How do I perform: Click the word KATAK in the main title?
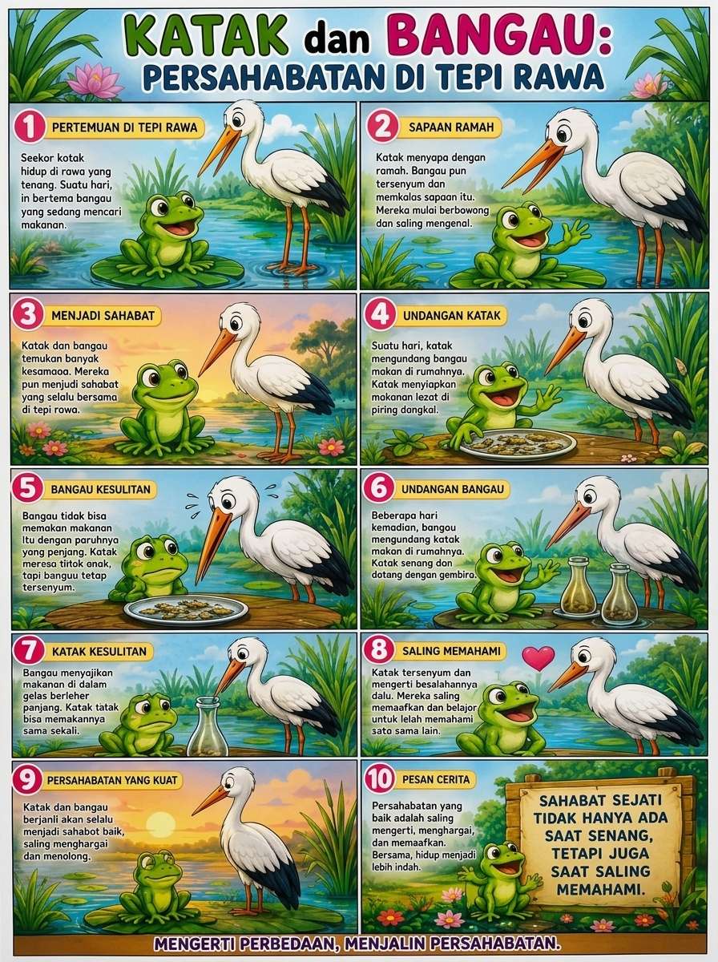pyautogui.click(x=206, y=37)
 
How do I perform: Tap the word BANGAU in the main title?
pyautogui.click(x=495, y=36)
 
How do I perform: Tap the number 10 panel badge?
pyautogui.click(x=380, y=780)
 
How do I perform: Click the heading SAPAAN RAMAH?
pyautogui.click(x=451, y=127)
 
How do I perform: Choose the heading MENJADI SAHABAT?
pyautogui.click(x=103, y=316)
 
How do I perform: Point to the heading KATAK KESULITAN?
pyautogui.click(x=99, y=651)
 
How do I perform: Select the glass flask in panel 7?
pyautogui.click(x=208, y=726)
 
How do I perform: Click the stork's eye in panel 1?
pyautogui.click(x=239, y=119)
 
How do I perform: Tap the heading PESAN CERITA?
pyautogui.click(x=436, y=780)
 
